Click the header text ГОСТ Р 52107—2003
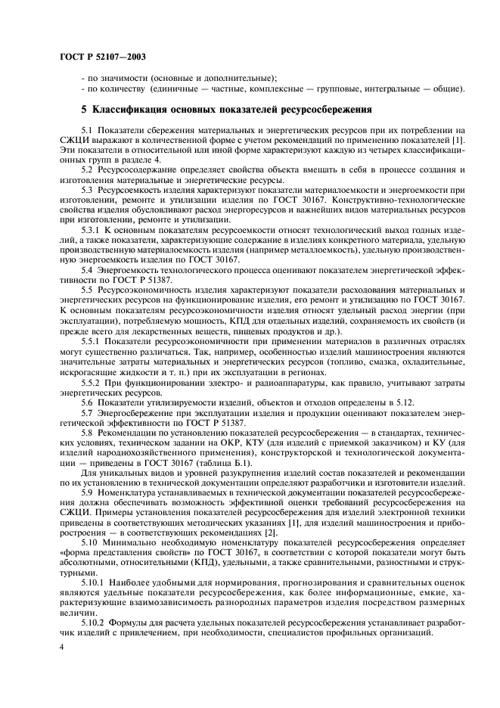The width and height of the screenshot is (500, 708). (x=93, y=56)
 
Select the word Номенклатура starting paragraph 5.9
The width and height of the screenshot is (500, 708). (x=130, y=492)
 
